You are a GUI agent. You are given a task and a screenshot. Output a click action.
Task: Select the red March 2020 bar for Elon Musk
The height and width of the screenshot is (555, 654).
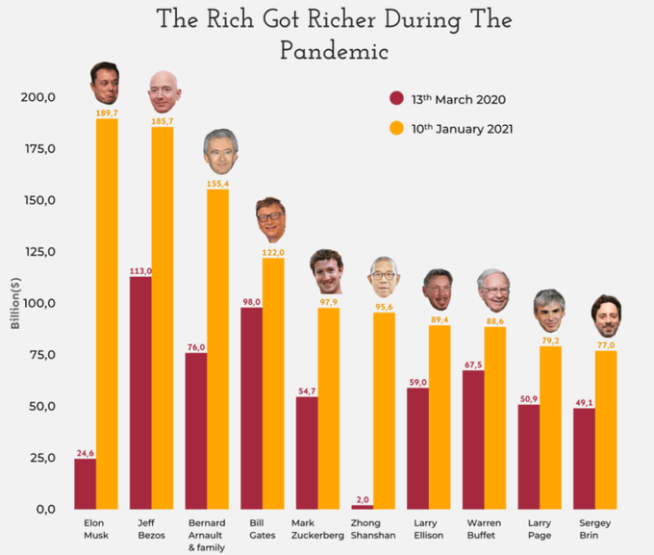point(86,483)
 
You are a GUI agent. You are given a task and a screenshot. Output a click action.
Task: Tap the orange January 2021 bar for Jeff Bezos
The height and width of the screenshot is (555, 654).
point(163,317)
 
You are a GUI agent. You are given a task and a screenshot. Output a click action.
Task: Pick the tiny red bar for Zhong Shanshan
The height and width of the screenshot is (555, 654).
point(363,506)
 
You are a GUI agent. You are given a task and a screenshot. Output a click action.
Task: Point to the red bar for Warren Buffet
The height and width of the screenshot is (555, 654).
point(473,439)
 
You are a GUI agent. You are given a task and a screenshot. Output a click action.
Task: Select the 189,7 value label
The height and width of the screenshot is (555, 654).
point(107,114)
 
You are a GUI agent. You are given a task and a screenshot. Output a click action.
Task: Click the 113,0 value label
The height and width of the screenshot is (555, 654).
point(140,271)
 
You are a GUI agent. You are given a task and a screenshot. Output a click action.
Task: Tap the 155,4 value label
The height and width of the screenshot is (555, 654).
point(217,183)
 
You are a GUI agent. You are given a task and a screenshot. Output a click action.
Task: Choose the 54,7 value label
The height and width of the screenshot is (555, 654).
point(307,391)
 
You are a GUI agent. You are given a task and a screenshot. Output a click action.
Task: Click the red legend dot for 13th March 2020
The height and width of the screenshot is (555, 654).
point(396,99)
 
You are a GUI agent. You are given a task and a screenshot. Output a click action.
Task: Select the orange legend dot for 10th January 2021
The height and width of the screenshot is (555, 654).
point(396,128)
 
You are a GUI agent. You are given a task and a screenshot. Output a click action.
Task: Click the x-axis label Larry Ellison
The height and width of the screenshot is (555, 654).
point(426,528)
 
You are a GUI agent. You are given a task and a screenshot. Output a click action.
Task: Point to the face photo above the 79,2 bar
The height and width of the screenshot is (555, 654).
point(549,310)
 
